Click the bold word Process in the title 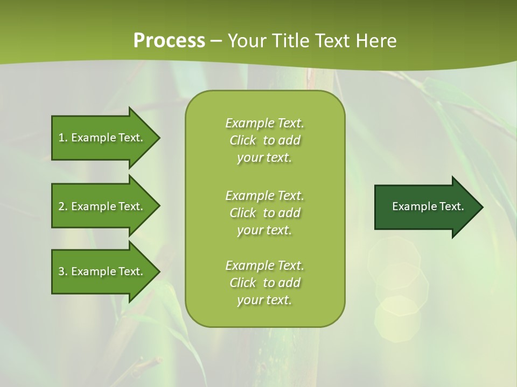(x=169, y=41)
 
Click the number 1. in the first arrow (x=63, y=138)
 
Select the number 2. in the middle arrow (x=63, y=206)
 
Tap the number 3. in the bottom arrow (x=63, y=271)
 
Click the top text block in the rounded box (x=264, y=140)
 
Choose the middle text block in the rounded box (x=264, y=213)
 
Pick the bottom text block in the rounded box (x=264, y=283)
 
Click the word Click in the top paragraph (x=243, y=140)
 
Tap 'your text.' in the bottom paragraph (x=264, y=300)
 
